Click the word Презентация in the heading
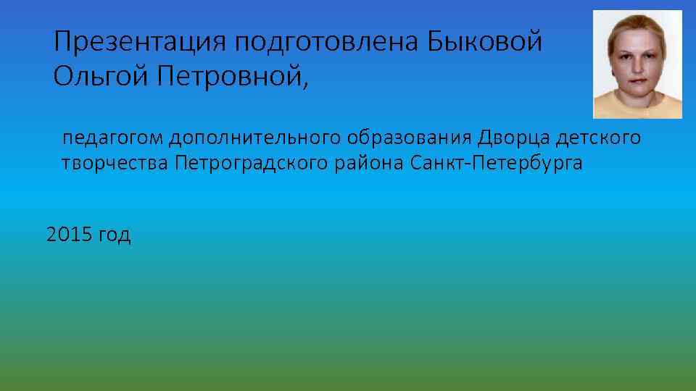[x=140, y=42]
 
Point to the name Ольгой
[x=98, y=76]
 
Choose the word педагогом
[x=112, y=138]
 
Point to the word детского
[x=599, y=138]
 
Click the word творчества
[x=115, y=163]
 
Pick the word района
[x=370, y=163]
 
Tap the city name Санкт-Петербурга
[x=495, y=163]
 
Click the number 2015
[x=67, y=235]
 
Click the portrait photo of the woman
[x=637, y=64]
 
